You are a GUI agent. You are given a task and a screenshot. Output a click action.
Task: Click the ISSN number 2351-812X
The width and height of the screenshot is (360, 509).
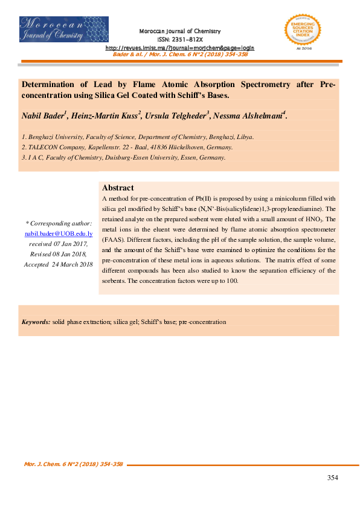(180, 39)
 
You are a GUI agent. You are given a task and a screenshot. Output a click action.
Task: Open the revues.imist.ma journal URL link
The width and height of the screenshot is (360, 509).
(180, 47)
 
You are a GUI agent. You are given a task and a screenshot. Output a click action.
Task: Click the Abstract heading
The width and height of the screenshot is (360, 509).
(118, 188)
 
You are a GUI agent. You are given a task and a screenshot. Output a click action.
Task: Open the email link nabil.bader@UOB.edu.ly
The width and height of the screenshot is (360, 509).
(58, 233)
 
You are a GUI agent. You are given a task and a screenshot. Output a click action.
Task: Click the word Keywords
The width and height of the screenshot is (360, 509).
(36, 322)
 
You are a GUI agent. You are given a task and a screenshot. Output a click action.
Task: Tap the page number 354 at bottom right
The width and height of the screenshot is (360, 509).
(332, 478)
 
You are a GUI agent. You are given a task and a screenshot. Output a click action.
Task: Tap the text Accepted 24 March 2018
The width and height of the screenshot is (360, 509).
(58, 265)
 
